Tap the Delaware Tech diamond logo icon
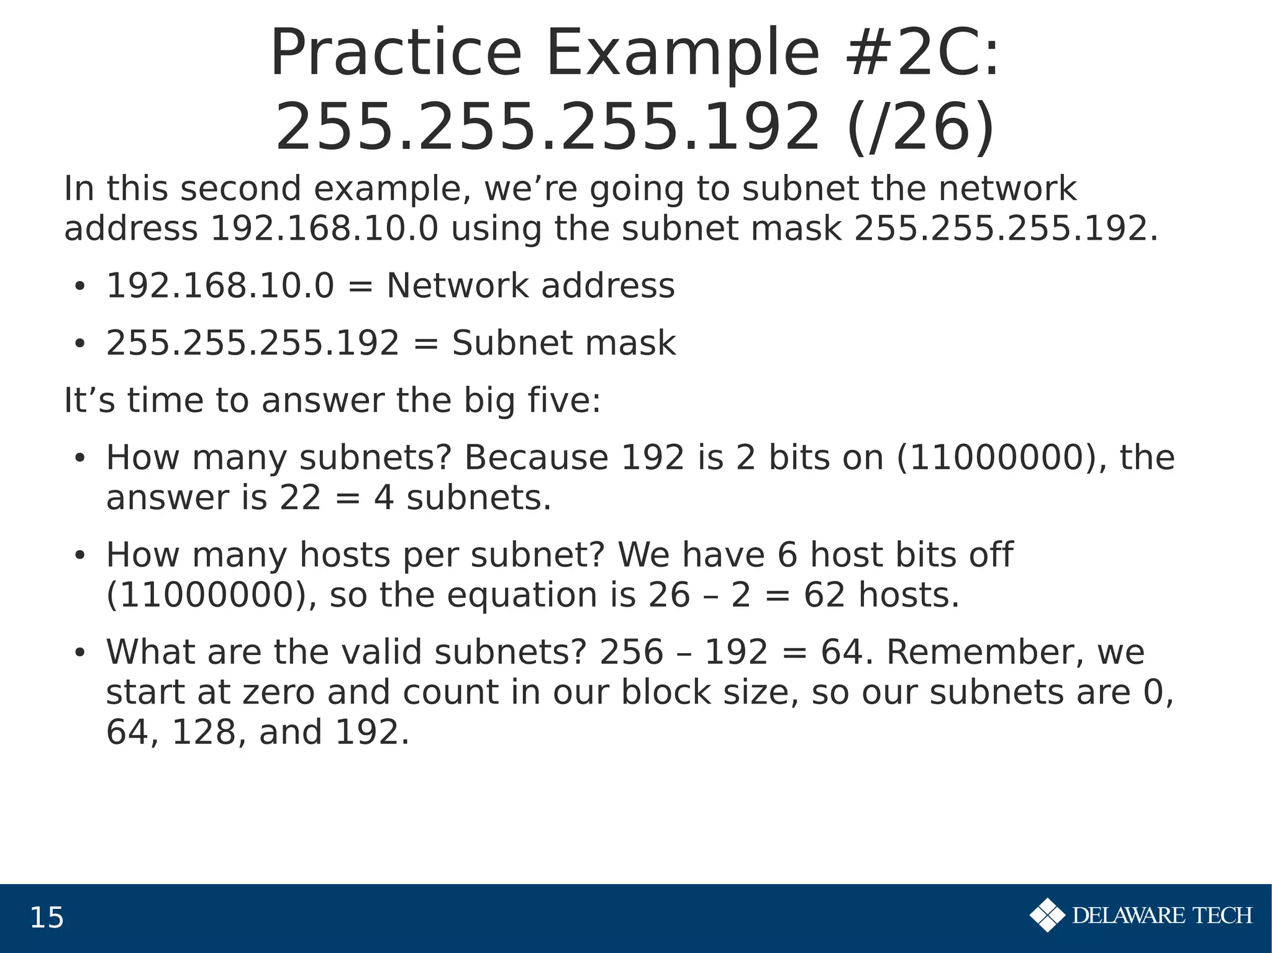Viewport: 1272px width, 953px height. click(1048, 915)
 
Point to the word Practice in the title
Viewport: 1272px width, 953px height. click(396, 54)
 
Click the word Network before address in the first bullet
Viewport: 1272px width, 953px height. click(458, 286)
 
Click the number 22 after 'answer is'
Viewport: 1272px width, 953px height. click(300, 498)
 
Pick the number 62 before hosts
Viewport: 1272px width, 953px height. click(824, 595)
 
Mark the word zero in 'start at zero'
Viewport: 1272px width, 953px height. click(278, 692)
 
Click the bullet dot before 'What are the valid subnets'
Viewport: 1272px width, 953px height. click(79, 653)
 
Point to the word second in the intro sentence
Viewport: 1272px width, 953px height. click(240, 189)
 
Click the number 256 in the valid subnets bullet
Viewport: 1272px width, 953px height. click(632, 653)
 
